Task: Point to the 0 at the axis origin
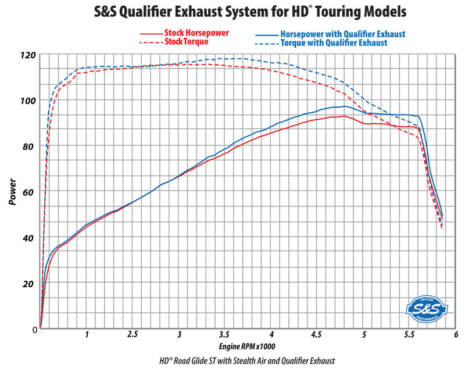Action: (34, 330)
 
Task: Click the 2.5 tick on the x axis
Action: (133, 335)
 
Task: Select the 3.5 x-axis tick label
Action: (224, 335)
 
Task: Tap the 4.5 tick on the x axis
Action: (317, 335)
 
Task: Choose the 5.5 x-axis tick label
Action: (409, 335)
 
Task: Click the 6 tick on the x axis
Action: (456, 335)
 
